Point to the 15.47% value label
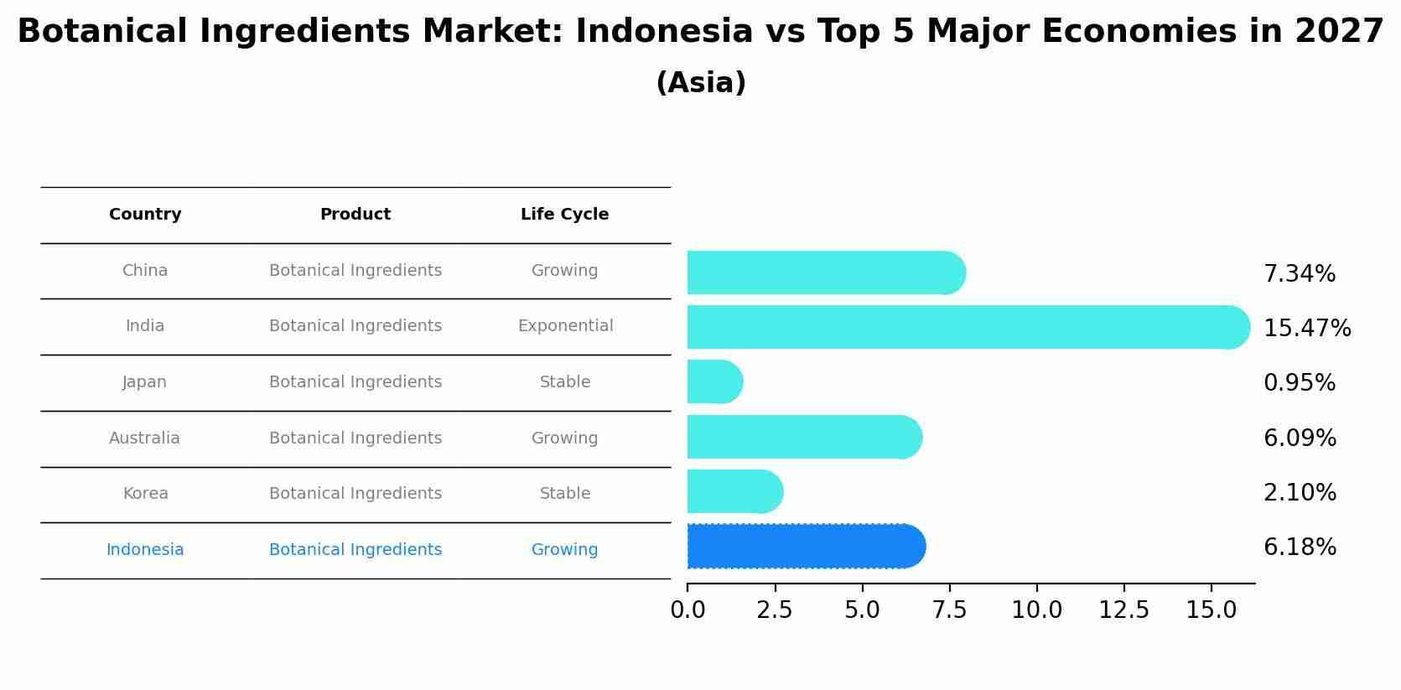click(x=1307, y=329)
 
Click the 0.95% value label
click(x=1300, y=383)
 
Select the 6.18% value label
click(x=1300, y=547)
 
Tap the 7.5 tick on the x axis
click(x=950, y=610)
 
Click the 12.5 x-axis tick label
click(x=1124, y=610)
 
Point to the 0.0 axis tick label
click(x=688, y=610)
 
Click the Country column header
click(x=145, y=215)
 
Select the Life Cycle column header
click(x=564, y=215)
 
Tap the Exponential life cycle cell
click(x=565, y=326)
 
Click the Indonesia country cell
click(x=145, y=550)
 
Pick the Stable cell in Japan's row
click(x=565, y=382)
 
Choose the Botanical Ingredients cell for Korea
click(x=355, y=494)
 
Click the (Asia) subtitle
click(x=701, y=83)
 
